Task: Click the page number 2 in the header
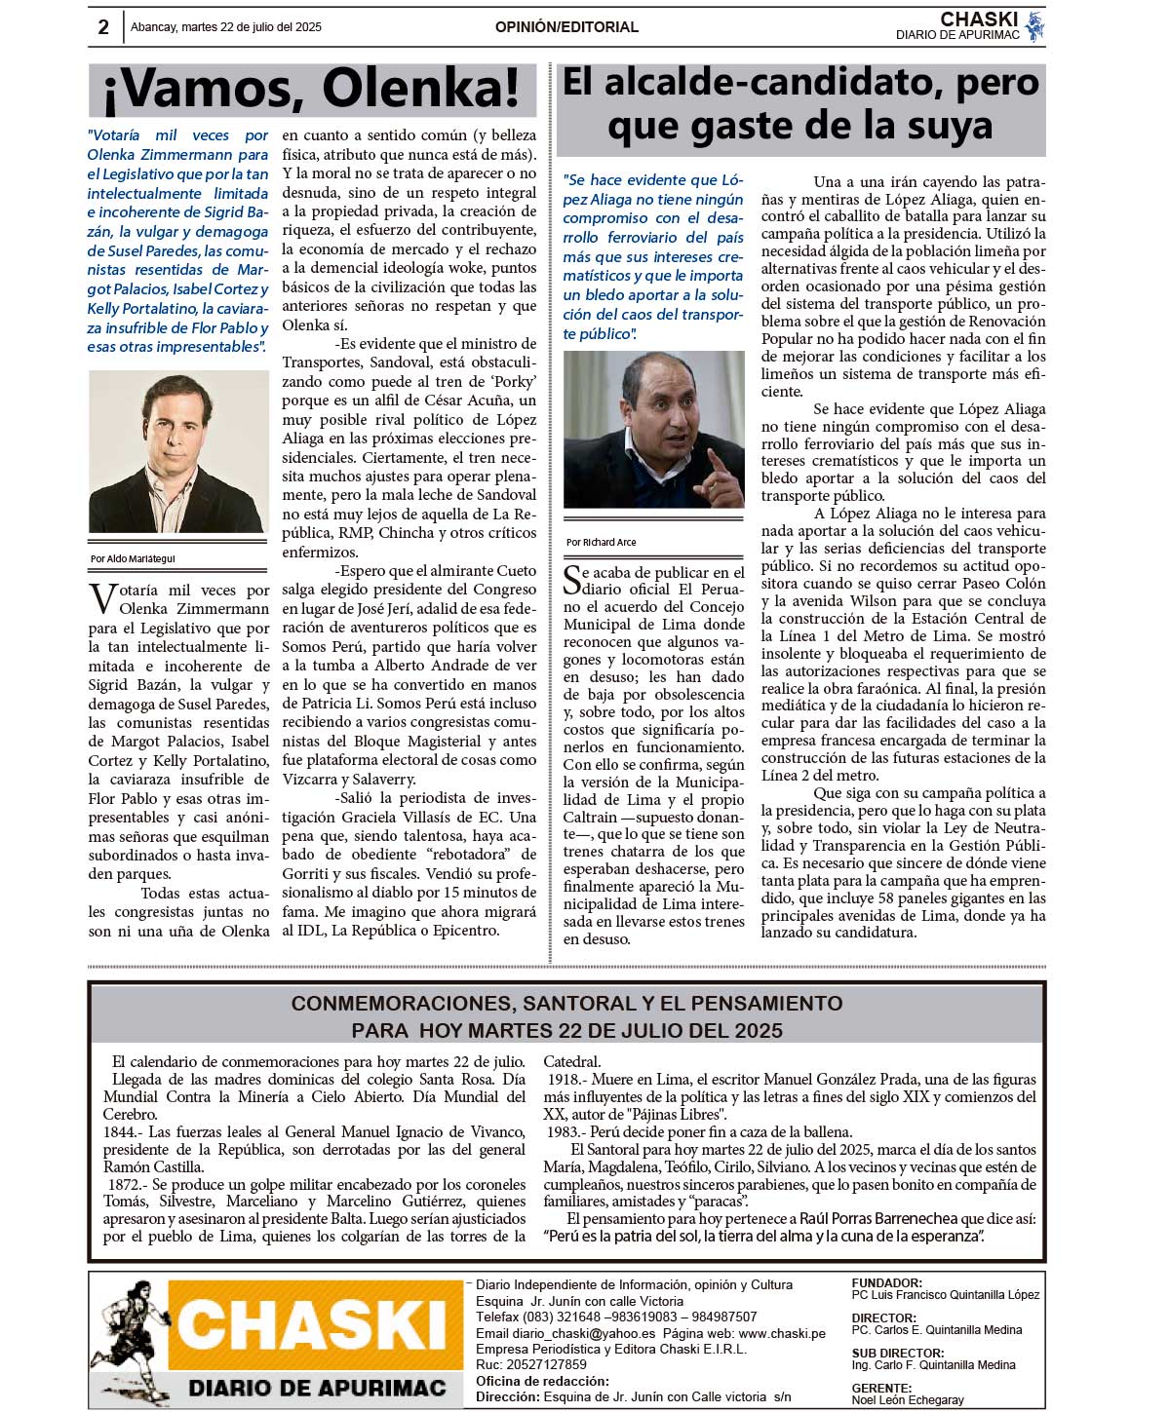[103, 27]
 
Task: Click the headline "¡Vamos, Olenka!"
[312, 90]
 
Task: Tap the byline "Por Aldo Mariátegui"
[133, 559]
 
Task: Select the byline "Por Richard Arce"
[601, 542]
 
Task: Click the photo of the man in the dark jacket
[177, 452]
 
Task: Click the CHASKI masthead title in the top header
[979, 19]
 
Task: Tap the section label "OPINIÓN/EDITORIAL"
[566, 27]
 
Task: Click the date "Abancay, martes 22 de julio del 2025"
[226, 27]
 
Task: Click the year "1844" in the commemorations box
[120, 1132]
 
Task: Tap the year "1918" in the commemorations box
[565, 1080]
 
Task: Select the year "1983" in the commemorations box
[565, 1132]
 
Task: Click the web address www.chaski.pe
[782, 1333]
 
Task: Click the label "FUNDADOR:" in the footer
[885, 1283]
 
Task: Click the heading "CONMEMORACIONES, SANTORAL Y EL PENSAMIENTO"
[566, 1004]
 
